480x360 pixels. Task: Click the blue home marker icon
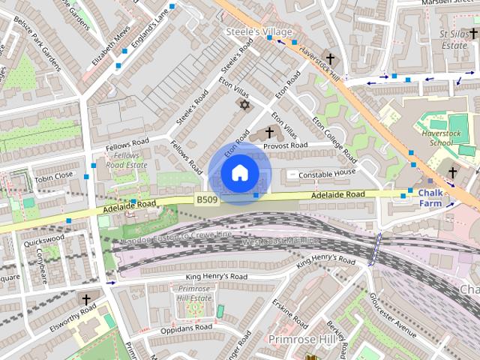tap(238, 173)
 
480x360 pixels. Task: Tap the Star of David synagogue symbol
tap(242, 103)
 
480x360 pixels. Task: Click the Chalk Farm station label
tap(430, 197)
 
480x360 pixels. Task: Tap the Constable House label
tap(326, 173)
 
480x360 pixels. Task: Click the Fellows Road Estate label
tap(121, 159)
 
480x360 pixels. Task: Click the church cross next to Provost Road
tap(269, 132)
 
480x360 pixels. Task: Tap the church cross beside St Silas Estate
tap(472, 34)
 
